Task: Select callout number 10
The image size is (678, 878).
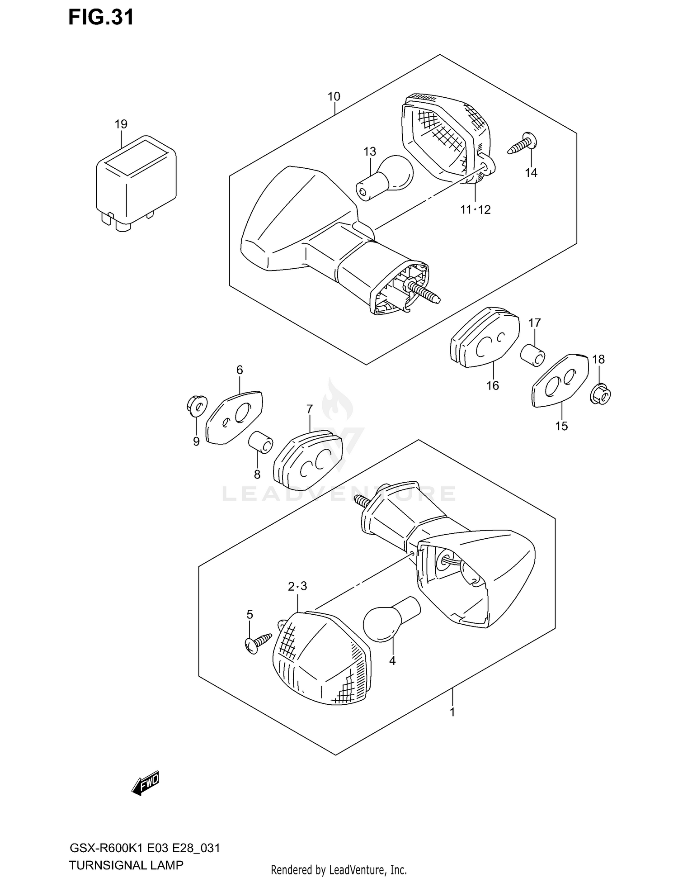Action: tap(334, 96)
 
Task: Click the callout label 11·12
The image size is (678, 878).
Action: tap(476, 209)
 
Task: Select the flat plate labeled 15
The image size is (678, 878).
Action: tap(560, 381)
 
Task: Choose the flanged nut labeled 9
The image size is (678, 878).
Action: tap(197, 405)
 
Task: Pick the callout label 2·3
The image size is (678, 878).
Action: tap(297, 586)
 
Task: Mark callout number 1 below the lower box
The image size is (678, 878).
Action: tap(452, 712)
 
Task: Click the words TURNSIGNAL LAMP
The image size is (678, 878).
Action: tap(126, 865)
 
